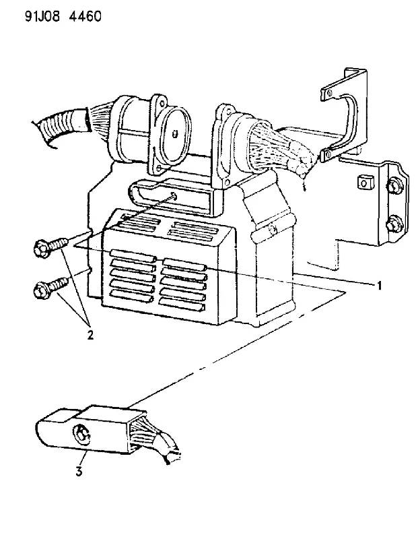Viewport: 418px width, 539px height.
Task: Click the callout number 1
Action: pos(379,285)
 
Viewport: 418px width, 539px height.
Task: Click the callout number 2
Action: pos(90,334)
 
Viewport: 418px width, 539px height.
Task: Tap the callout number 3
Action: pos(79,471)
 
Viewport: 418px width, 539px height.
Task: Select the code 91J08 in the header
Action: pos(42,16)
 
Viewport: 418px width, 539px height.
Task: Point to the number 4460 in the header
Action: pos(85,16)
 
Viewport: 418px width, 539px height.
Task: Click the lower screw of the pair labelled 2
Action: pos(51,287)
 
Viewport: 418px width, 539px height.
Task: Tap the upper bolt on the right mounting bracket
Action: pos(392,186)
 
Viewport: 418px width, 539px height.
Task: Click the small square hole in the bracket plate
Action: pos(363,181)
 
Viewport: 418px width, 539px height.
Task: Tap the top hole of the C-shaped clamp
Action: pos(329,93)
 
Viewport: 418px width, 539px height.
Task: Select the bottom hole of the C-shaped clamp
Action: pos(328,152)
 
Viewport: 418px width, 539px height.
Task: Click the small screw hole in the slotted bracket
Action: pos(174,197)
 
